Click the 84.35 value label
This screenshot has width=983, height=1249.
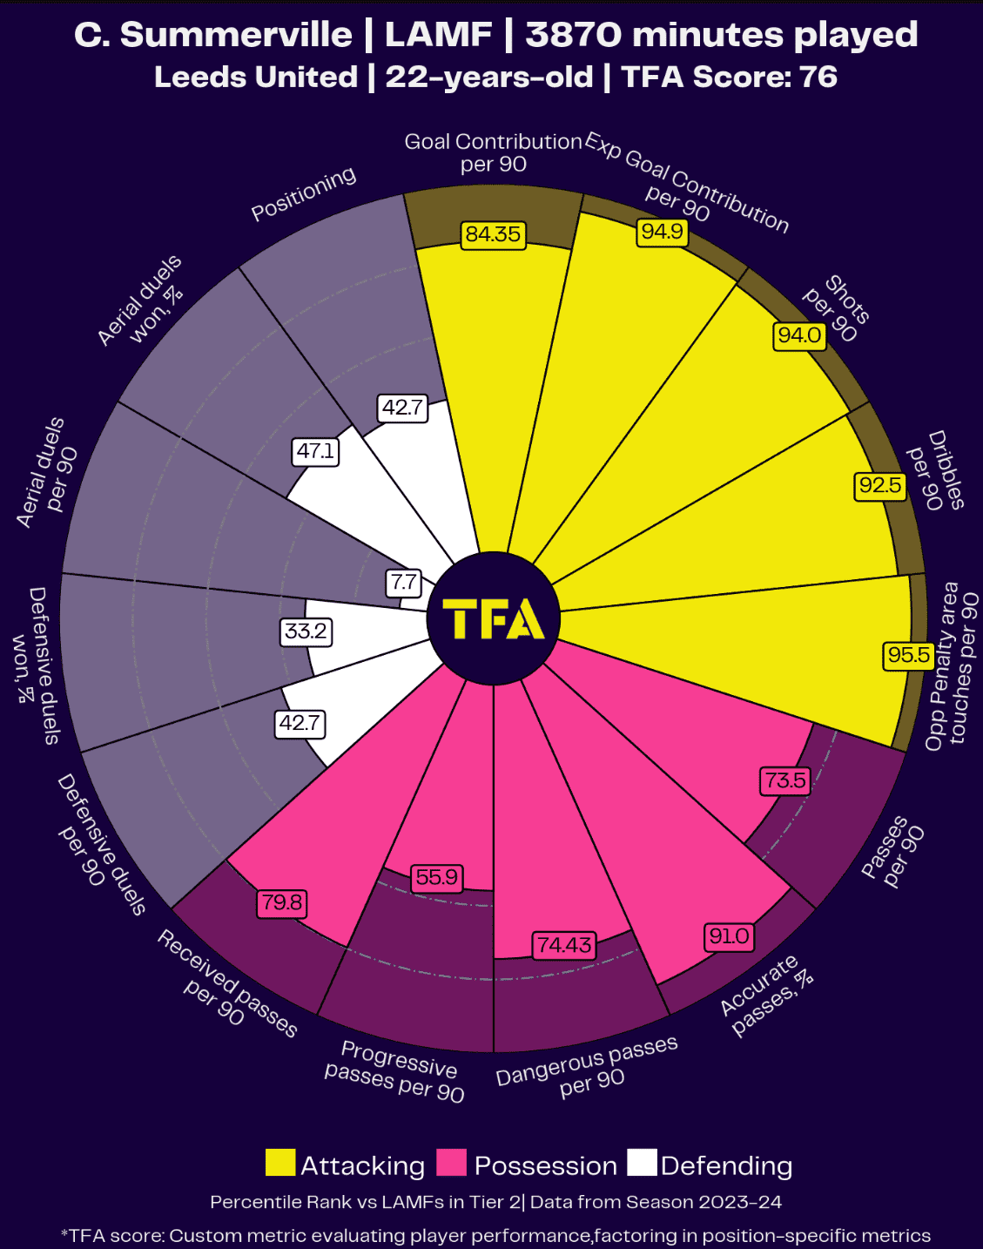point(493,234)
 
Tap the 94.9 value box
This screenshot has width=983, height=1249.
point(663,232)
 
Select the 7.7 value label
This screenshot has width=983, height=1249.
point(404,583)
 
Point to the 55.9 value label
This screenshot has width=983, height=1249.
point(436,877)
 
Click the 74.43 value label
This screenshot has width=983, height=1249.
point(564,945)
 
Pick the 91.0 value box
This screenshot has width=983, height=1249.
point(729,936)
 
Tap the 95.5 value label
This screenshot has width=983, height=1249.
point(909,655)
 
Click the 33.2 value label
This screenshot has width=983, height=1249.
point(306,631)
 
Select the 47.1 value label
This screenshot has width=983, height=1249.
point(315,451)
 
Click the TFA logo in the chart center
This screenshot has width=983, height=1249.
point(494,618)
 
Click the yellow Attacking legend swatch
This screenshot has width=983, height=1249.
point(280,1164)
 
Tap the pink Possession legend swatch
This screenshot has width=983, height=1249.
point(452,1164)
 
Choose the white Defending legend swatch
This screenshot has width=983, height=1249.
point(643,1164)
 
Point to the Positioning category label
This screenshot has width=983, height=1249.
point(304,193)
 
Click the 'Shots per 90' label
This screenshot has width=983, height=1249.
point(836,309)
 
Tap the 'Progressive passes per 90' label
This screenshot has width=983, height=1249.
point(396,1070)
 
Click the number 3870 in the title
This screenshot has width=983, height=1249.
point(573,35)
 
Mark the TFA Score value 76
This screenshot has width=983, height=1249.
point(818,77)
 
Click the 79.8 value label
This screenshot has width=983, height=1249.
point(282,902)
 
